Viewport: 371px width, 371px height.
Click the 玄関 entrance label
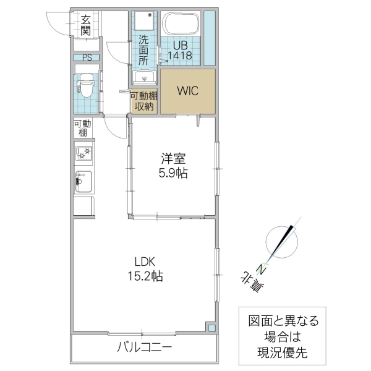[x=85, y=24]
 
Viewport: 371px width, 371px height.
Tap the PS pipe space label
[x=86, y=58]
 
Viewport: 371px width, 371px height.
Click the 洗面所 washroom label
[x=143, y=50]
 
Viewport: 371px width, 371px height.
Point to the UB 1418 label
[x=182, y=49]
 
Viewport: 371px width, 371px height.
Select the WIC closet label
[x=187, y=90]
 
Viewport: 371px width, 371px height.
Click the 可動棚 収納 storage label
[x=143, y=100]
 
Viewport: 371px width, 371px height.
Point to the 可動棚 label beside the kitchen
[x=82, y=128]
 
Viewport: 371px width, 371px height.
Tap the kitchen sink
[x=83, y=182]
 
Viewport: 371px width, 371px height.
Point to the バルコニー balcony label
[x=144, y=348]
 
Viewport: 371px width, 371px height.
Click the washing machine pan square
[x=144, y=22]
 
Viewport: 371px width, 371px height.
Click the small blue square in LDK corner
[x=211, y=328]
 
